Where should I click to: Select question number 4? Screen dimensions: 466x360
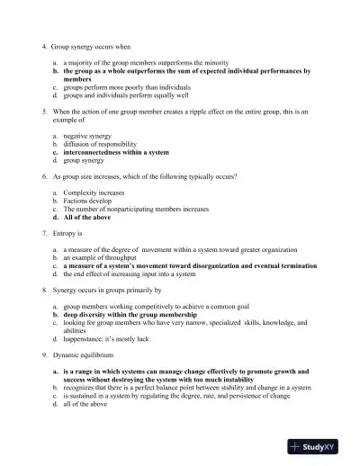click(x=44, y=44)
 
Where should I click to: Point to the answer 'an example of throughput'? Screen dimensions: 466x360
click(x=100, y=257)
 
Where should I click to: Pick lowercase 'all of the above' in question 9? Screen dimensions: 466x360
click(x=85, y=405)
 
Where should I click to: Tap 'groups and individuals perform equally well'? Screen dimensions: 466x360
click(x=126, y=94)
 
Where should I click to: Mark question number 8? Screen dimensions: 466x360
click(x=44, y=291)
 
